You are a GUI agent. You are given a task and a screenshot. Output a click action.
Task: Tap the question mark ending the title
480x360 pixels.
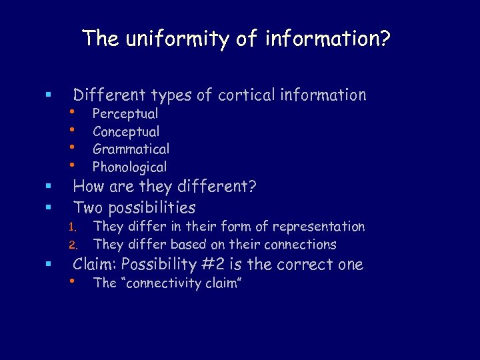[x=385, y=39]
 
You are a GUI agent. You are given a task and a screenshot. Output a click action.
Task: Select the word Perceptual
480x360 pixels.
[x=125, y=114]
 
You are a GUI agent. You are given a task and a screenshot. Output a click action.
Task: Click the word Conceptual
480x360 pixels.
[x=126, y=132]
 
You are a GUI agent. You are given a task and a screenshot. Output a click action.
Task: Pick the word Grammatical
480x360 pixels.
[x=131, y=149]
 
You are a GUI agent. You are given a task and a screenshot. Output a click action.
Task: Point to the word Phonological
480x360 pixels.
[x=129, y=167]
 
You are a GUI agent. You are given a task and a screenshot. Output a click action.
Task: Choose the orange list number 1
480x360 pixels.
[x=75, y=227]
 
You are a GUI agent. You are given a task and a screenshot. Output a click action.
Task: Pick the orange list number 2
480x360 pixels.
[x=75, y=245]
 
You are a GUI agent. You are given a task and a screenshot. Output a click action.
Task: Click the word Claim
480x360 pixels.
[x=95, y=265]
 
